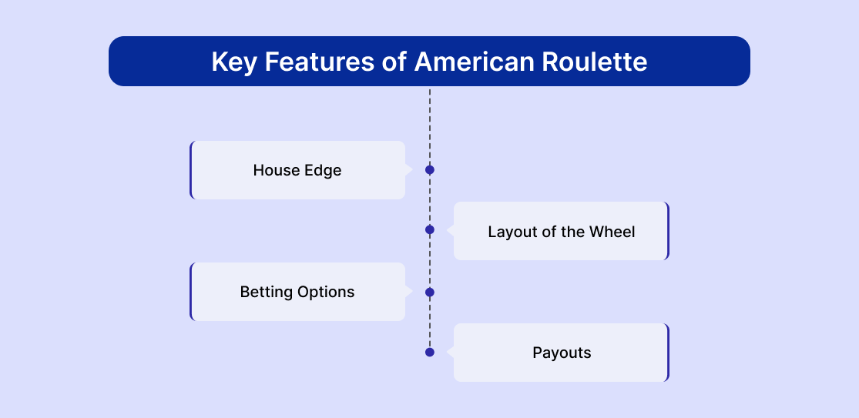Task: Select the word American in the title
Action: coord(474,62)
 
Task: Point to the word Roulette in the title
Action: coord(595,62)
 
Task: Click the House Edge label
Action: coord(297,170)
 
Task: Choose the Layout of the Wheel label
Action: coord(562,232)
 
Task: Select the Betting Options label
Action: coord(297,292)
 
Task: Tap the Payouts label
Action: coord(562,353)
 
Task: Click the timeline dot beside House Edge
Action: coord(430,170)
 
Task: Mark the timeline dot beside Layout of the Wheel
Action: coord(430,230)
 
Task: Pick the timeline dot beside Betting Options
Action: coord(430,293)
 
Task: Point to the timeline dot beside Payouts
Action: coord(430,353)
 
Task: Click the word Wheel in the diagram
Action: coord(612,232)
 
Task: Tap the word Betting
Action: coord(267,292)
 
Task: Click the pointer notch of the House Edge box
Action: coord(408,170)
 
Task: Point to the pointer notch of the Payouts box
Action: coord(451,353)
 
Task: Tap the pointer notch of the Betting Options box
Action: coord(408,292)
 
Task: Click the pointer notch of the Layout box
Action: coord(451,231)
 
